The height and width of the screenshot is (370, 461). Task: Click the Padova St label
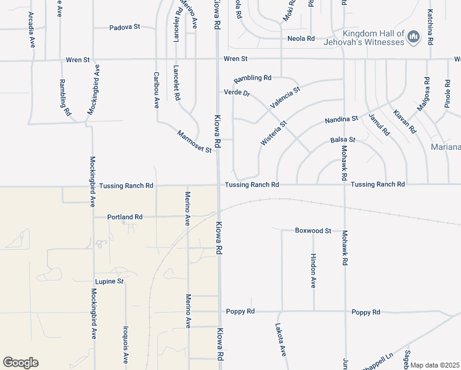(125, 28)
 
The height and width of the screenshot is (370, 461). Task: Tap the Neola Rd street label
(301, 39)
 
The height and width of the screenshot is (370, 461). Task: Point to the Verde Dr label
(237, 92)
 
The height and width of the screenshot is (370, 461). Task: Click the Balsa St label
(343, 140)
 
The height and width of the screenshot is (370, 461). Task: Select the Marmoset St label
(194, 141)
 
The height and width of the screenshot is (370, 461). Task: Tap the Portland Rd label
(124, 217)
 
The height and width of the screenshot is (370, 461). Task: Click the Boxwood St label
(313, 231)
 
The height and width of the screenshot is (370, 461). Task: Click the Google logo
(20, 363)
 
